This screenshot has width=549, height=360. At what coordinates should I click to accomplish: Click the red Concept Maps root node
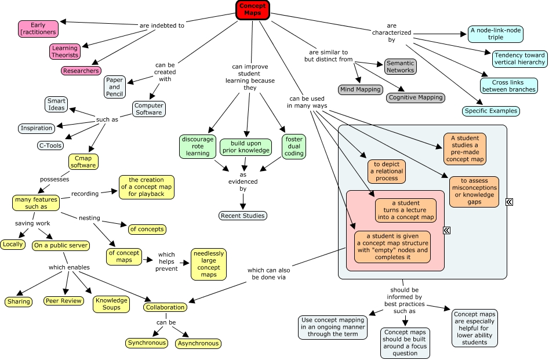tap(252, 9)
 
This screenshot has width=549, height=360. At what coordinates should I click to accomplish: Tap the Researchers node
tap(81, 71)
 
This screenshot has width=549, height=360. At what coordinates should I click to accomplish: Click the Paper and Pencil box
tap(114, 87)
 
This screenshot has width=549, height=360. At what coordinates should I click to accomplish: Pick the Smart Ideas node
tap(56, 104)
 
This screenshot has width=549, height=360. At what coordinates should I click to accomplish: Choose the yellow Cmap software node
tap(82, 162)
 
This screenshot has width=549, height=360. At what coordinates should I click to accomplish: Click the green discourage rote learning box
tap(197, 146)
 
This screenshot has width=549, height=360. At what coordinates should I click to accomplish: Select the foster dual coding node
tap(293, 146)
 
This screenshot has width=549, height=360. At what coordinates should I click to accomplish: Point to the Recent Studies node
tap(242, 216)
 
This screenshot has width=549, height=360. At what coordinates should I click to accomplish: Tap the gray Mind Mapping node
tap(359, 89)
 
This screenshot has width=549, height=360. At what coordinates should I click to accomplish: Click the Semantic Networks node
tap(401, 66)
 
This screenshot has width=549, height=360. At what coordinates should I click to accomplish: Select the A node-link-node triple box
tap(495, 34)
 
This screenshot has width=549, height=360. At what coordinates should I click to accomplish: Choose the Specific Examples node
tap(490, 111)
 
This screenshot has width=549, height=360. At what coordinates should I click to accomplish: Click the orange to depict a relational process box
tap(386, 172)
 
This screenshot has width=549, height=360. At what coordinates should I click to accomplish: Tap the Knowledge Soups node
tap(111, 304)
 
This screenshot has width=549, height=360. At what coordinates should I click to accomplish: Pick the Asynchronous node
tap(198, 343)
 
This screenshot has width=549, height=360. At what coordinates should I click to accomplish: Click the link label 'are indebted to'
tap(162, 26)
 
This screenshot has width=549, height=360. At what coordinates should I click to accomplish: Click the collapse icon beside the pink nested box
tap(446, 231)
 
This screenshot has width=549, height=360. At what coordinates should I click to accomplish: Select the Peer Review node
tap(63, 301)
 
